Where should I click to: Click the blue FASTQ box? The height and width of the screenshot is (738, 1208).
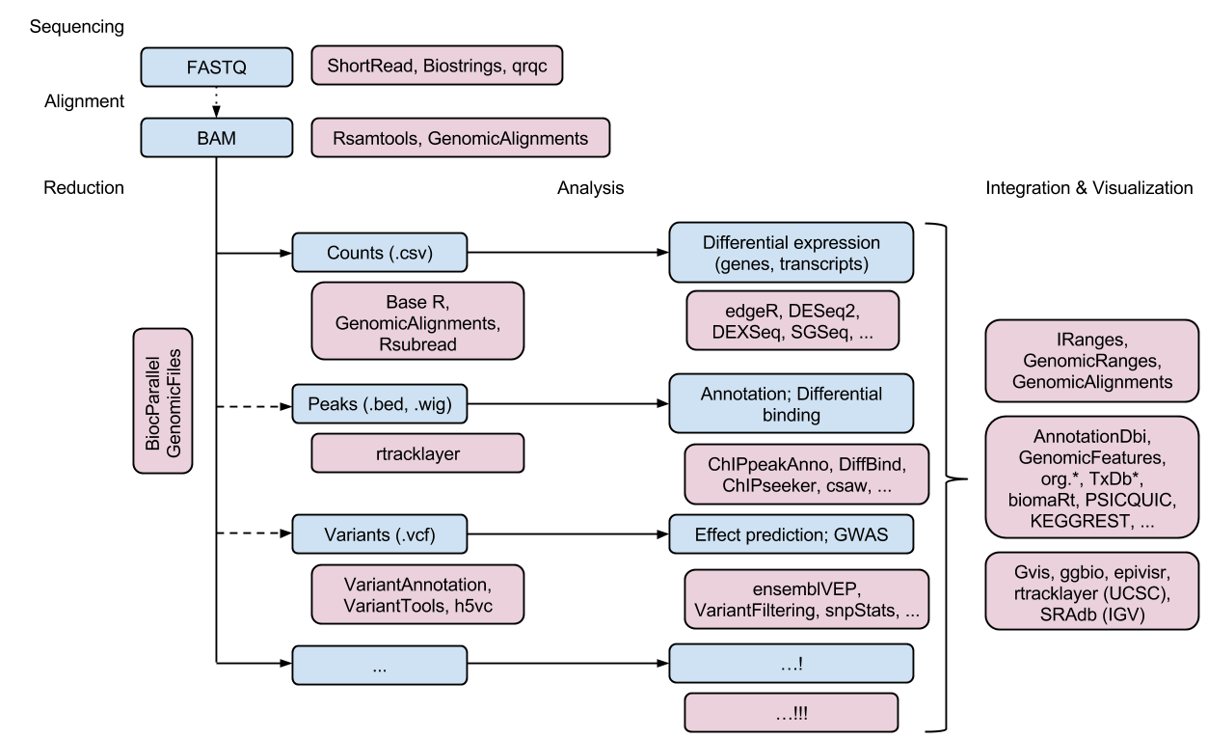[x=216, y=68]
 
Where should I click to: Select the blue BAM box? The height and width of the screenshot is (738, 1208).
[x=216, y=138]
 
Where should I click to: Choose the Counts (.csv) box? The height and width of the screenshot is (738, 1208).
[x=379, y=253]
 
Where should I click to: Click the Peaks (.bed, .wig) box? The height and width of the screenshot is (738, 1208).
[x=379, y=404]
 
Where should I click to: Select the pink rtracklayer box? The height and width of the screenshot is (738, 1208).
[x=417, y=453]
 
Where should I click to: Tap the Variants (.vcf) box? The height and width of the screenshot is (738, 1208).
[x=379, y=533]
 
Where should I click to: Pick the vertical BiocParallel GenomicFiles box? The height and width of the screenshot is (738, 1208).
[x=163, y=401]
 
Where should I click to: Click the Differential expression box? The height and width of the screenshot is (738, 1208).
[x=791, y=252]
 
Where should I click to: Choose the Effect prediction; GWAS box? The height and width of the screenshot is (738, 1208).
[x=791, y=533]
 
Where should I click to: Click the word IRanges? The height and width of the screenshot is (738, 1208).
[x=1092, y=342]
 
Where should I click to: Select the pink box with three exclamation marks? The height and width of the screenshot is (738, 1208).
[x=791, y=713]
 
